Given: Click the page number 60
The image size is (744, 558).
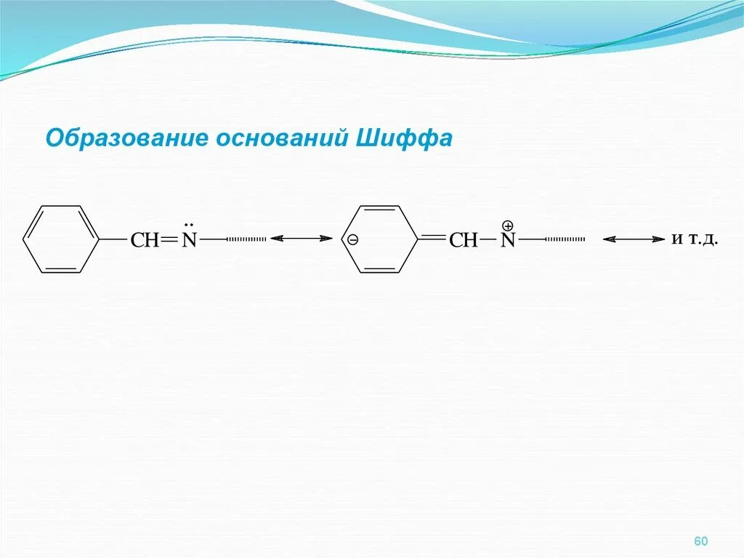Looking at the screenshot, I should (x=700, y=541).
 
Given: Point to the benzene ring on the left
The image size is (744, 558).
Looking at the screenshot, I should (x=61, y=239).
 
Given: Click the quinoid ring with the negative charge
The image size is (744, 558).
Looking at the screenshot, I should (x=380, y=239).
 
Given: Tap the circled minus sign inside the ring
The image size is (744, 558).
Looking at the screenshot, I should (x=352, y=239).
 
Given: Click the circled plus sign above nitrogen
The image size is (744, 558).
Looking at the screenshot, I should (x=508, y=226).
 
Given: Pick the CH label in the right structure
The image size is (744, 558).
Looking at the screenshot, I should (x=464, y=240).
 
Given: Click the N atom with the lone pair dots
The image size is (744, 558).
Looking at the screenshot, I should (x=189, y=240).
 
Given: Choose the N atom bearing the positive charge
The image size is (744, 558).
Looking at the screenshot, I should (x=508, y=241).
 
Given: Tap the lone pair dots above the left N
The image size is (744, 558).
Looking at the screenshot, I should (x=189, y=225).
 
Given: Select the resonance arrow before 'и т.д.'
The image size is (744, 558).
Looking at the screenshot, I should (x=634, y=239).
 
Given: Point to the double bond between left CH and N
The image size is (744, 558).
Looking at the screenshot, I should (x=169, y=239).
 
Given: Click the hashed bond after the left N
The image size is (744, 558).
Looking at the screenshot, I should (x=246, y=238).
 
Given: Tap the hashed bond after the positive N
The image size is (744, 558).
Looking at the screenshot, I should (x=565, y=239).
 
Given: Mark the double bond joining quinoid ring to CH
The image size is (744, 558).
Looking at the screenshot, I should (x=433, y=237).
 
